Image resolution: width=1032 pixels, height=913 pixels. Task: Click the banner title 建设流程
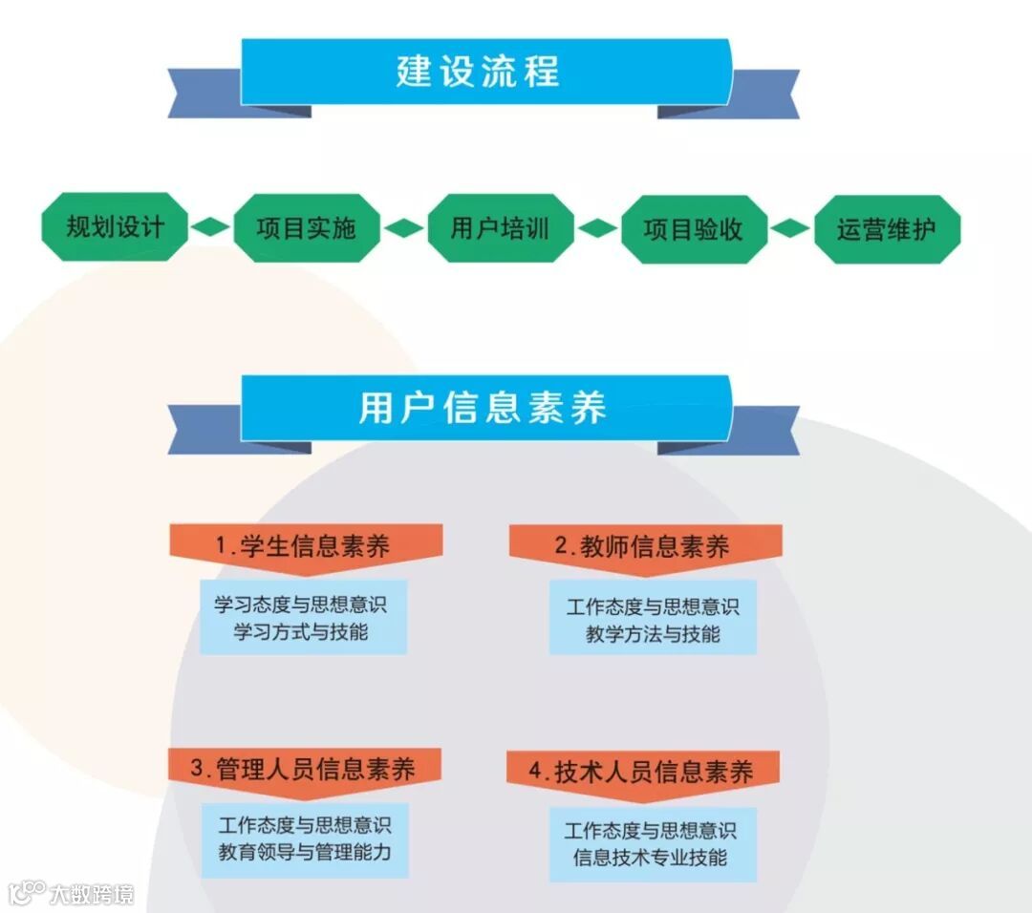pos(479,72)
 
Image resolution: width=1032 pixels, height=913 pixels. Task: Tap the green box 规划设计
pos(115,228)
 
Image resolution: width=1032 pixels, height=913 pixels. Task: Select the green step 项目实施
pos(306,228)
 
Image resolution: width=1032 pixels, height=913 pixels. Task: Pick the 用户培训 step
pos(500,228)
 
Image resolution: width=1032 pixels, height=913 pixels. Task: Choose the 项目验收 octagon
pos(693,229)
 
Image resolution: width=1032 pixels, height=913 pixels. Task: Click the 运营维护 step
pos(886,229)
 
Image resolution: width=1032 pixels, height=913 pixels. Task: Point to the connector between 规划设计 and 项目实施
pos(210,228)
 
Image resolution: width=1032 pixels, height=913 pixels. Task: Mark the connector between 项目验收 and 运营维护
pos(789,229)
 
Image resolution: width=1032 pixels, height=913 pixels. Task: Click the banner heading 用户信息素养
pos(483,408)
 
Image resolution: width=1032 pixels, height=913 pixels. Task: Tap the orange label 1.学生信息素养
pos(303,547)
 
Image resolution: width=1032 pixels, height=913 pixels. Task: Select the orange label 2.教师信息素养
pos(644,547)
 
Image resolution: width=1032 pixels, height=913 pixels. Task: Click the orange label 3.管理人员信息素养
pos(303,770)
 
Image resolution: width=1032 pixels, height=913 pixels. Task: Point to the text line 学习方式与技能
pos(302,631)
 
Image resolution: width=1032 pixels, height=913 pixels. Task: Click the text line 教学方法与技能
pos(653,633)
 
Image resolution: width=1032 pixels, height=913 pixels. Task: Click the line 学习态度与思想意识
pos(302,605)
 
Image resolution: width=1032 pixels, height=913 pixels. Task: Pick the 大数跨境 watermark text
pos(93,894)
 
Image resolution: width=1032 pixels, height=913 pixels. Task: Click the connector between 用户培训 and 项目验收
pos(596,229)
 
